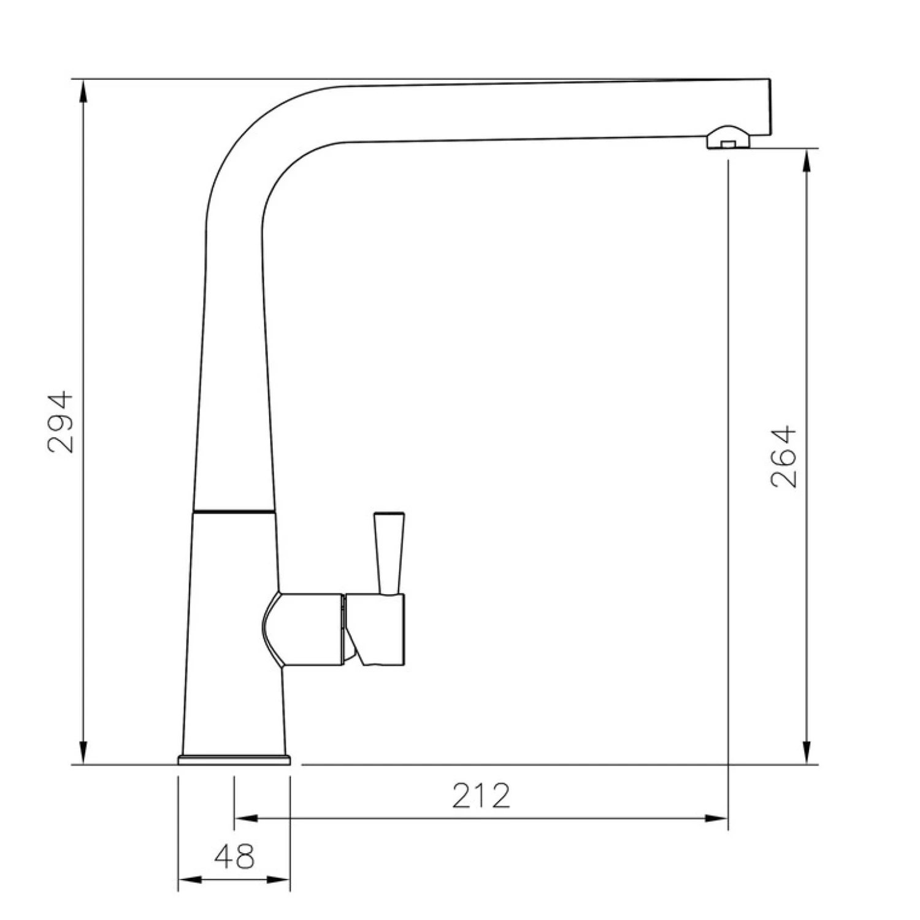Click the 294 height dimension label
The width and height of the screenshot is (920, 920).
tap(60, 422)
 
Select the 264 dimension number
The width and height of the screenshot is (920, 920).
tap(783, 457)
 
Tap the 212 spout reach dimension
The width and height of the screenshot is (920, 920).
tap(481, 795)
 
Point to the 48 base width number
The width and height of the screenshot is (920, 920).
tap(234, 856)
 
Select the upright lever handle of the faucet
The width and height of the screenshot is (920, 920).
tap(389, 552)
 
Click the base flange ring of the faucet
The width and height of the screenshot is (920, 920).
tap(234, 760)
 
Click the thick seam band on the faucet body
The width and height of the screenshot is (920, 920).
tap(234, 510)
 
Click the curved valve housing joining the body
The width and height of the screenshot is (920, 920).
tap(301, 629)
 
